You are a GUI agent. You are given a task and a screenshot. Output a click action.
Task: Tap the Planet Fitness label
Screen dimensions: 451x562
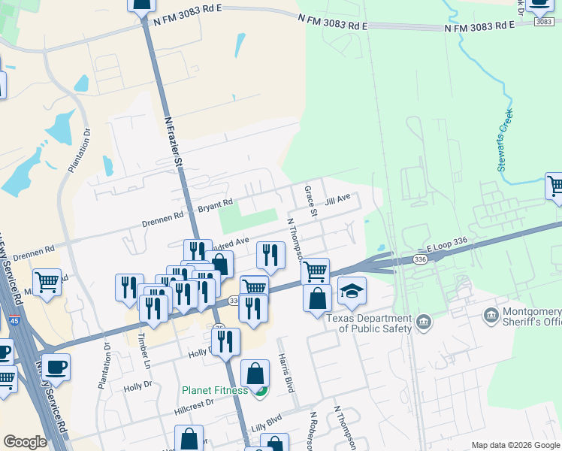[x=214, y=390]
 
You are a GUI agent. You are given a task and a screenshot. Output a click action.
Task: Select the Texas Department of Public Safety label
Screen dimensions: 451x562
[x=369, y=322]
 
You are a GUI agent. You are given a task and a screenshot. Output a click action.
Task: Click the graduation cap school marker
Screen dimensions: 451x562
[x=352, y=292]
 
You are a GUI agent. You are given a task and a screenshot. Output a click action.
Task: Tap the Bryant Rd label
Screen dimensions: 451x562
[x=215, y=203]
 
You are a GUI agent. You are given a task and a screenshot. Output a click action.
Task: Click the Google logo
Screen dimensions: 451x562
[x=25, y=441]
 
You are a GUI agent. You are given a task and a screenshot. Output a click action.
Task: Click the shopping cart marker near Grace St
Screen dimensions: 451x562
[x=316, y=270]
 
